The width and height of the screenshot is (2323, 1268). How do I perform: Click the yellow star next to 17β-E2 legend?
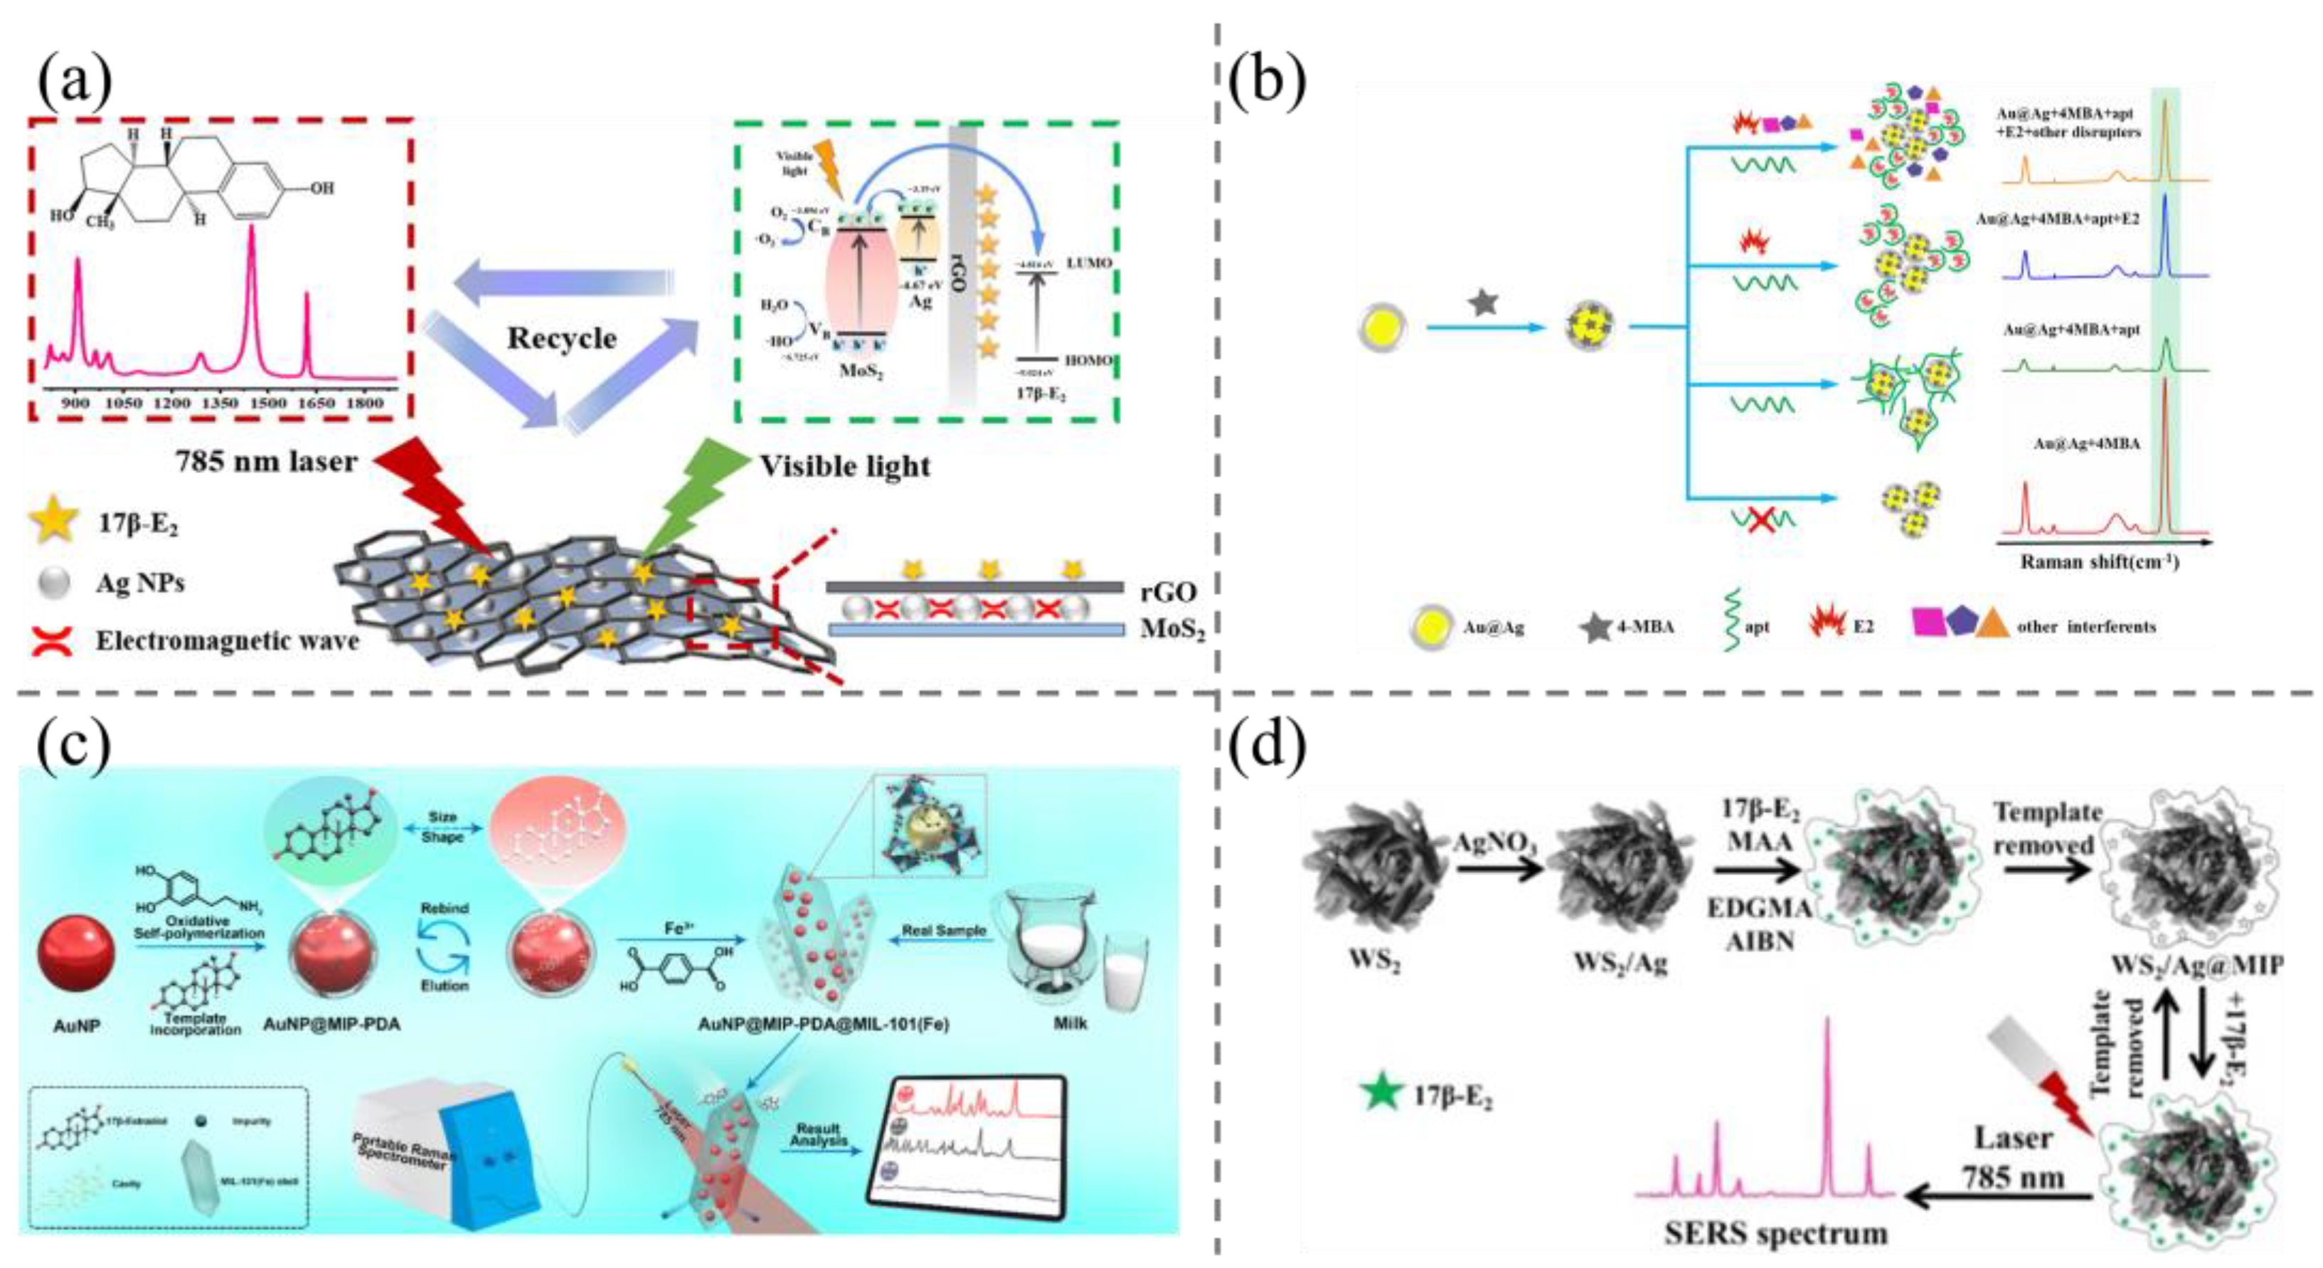pyautogui.click(x=53, y=523)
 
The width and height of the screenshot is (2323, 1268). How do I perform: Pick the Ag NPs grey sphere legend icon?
pyautogui.click(x=54, y=583)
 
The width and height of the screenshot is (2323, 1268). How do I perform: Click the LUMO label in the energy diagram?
pyautogui.click(x=1090, y=263)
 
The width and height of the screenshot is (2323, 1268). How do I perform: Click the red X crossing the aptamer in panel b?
pyautogui.click(x=1758, y=519)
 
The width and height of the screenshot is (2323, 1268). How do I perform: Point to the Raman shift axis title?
pyautogui.click(x=2098, y=563)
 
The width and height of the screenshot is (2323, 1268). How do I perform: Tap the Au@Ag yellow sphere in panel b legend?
pyautogui.click(x=1430, y=626)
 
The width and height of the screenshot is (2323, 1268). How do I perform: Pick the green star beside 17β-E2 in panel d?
pyautogui.click(x=1381, y=1093)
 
